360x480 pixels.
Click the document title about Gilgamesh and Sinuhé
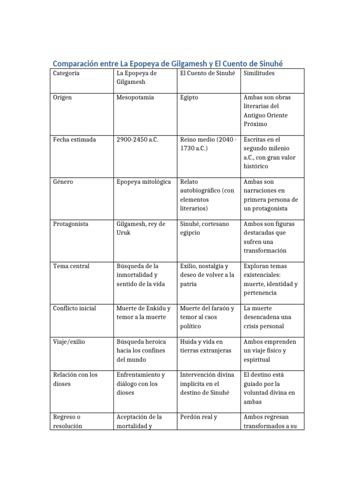tap(168, 63)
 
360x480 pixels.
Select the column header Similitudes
tap(259, 74)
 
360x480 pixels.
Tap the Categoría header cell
tap(66, 74)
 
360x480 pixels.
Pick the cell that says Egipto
tap(189, 97)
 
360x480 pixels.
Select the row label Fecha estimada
tap(75, 140)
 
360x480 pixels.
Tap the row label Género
tap(63, 182)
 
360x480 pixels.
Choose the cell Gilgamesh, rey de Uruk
tap(141, 228)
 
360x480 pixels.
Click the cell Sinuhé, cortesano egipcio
tap(204, 228)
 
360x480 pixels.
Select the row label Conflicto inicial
tap(75, 308)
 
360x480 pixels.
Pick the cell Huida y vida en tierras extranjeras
tap(205, 346)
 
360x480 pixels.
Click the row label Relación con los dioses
tap(75, 379)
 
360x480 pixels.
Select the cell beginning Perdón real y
tap(198, 417)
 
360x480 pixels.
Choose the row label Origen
tap(62, 97)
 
